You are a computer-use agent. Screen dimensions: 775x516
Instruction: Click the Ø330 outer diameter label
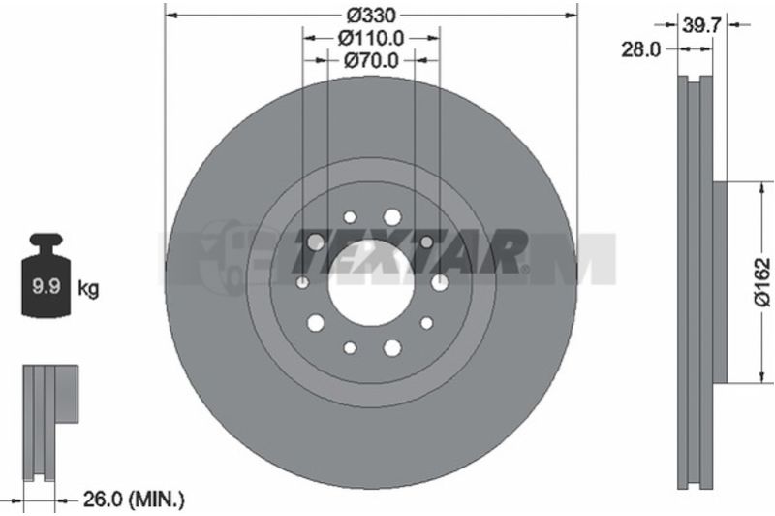coord(371,16)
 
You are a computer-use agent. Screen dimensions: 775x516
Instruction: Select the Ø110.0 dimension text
coord(371,38)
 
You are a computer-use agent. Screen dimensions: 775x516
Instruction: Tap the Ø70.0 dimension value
coord(371,60)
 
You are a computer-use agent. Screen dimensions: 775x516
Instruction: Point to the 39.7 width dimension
coord(701,24)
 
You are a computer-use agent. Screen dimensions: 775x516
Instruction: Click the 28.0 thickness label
coord(640,49)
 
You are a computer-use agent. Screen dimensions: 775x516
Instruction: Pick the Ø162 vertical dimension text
coord(762,282)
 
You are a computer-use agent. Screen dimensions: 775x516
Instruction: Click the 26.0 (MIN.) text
coord(134,503)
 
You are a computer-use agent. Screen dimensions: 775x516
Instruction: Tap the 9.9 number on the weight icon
coord(46,286)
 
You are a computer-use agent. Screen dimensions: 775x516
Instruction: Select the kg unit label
coord(88,288)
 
